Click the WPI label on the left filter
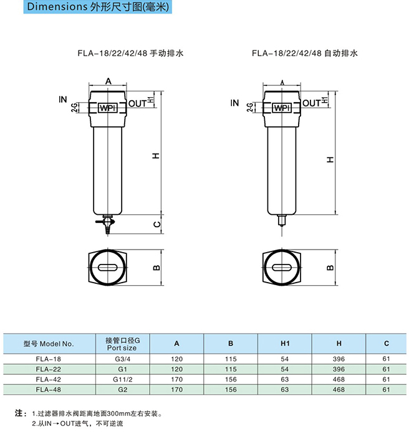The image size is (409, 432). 108,108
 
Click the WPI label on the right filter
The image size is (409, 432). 282,108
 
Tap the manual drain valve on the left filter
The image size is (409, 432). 106,224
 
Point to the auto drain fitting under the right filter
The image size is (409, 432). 281,220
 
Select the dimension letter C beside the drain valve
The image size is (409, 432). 156,224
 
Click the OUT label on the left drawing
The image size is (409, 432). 137,104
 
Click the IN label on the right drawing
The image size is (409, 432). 234,103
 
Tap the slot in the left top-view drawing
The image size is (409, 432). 108,268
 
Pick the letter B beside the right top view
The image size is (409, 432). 330,268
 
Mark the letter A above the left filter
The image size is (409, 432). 108,81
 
